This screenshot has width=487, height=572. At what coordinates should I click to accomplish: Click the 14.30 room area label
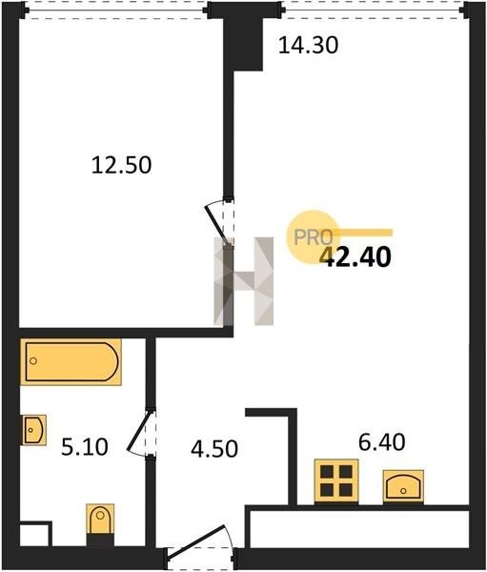coord(308,46)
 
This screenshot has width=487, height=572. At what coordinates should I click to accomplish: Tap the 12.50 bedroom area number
coord(121,165)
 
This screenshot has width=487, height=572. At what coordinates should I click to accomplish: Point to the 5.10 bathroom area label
coord(85,447)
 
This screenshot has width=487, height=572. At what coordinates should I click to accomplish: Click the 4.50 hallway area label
coord(214,449)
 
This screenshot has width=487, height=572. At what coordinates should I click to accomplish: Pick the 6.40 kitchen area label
coord(382,442)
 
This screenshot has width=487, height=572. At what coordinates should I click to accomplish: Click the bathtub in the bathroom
coord(71,362)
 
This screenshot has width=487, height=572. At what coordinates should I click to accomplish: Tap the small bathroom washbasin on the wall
coord(34,430)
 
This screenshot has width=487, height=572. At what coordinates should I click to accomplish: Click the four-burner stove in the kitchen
coord(336,481)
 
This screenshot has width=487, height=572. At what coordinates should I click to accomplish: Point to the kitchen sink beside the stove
coord(403,486)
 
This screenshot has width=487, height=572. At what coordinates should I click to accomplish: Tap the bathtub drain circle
coord(33,361)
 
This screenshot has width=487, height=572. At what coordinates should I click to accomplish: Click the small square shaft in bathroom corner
coord(35,534)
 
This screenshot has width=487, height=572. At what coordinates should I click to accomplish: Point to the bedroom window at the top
coord(116,10)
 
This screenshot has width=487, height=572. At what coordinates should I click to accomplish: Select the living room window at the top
coord(375,10)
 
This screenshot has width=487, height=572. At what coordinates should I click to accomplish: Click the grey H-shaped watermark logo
coord(243,281)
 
